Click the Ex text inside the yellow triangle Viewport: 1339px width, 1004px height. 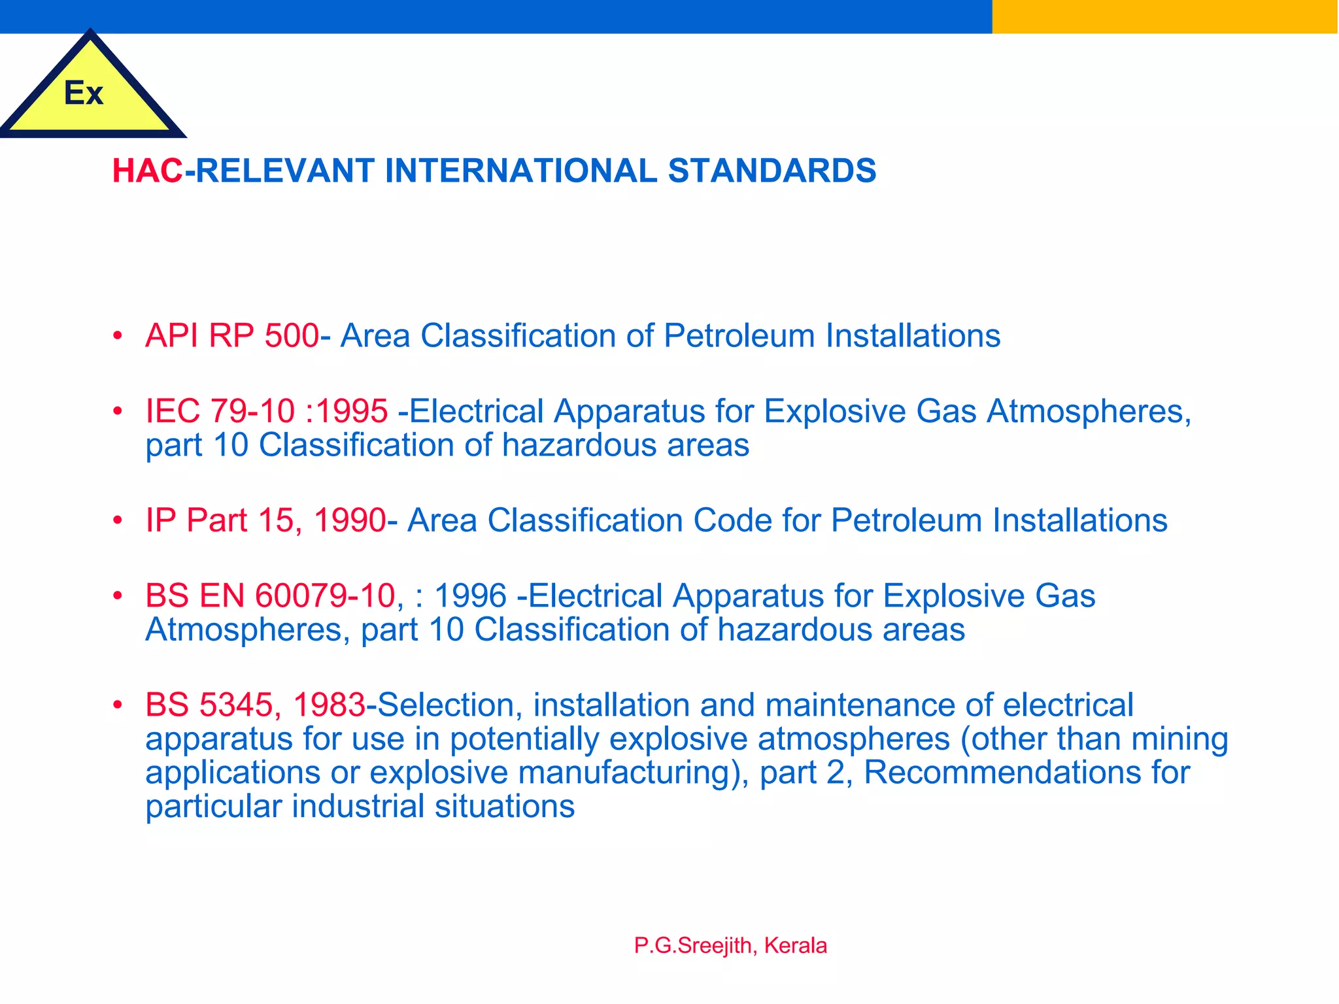coord(84,93)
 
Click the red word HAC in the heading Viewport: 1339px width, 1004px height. coord(147,171)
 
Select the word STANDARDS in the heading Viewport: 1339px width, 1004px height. coord(771,171)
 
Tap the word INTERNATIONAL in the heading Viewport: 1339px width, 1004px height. coord(521,171)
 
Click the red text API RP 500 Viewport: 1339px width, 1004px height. coord(232,336)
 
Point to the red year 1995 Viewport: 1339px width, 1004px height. coord(352,411)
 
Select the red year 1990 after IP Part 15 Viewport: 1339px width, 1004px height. coord(350,521)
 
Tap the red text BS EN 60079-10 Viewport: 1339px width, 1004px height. coord(270,596)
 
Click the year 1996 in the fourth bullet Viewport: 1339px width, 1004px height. coord(470,596)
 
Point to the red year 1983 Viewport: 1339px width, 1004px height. coord(329,705)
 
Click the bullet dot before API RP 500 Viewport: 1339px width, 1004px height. coord(118,337)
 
